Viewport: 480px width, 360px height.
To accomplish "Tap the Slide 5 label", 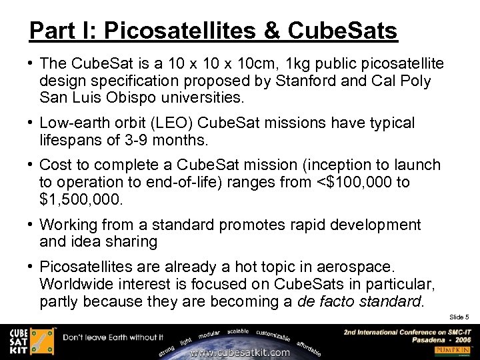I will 459,317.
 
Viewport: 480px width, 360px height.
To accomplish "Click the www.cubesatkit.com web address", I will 240,352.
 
